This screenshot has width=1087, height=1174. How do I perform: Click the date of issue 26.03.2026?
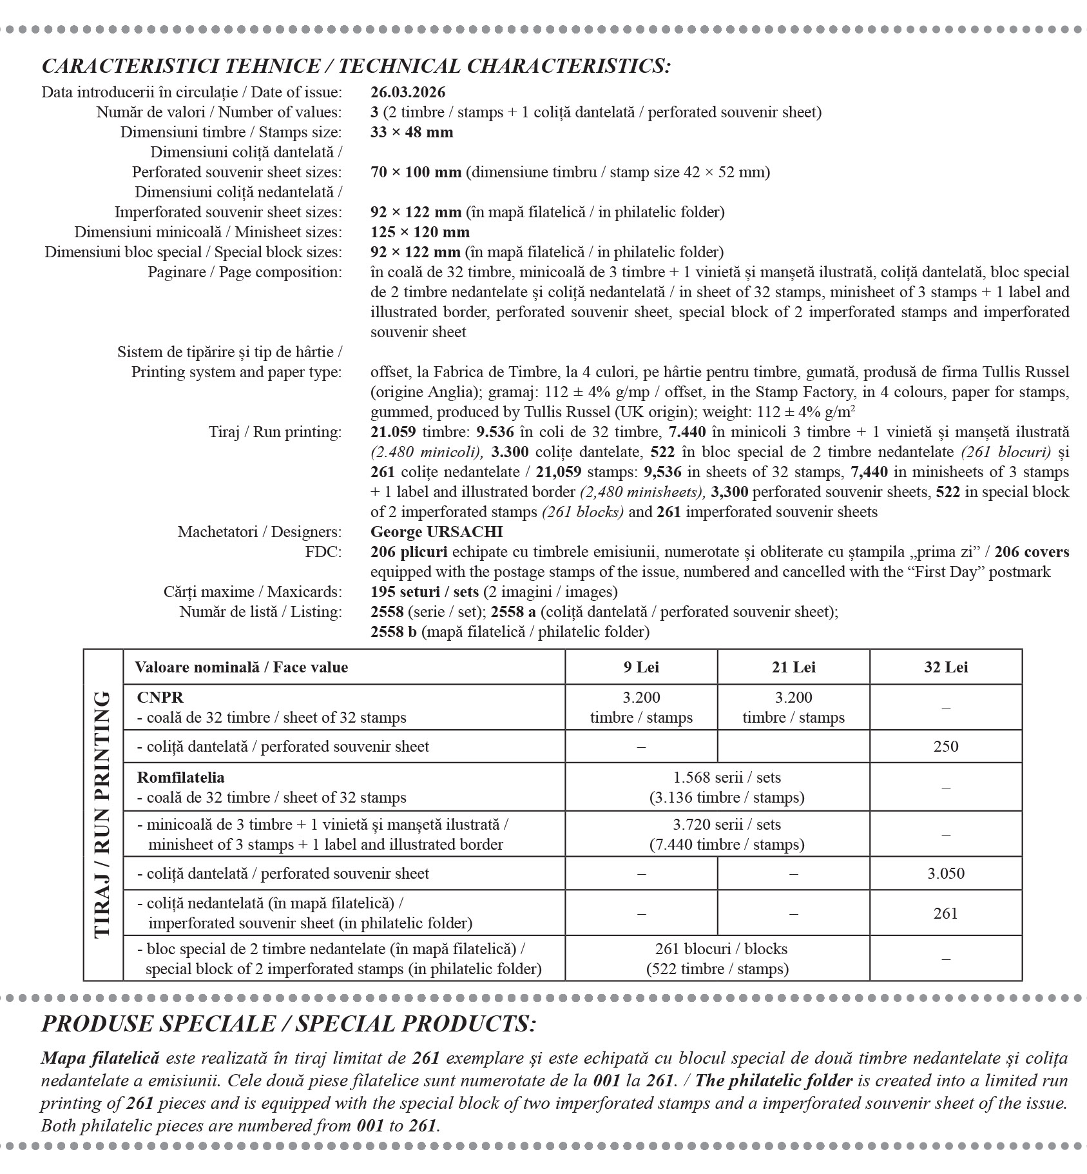pyautogui.click(x=408, y=92)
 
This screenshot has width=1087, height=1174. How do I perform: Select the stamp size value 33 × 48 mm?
pyautogui.click(x=412, y=132)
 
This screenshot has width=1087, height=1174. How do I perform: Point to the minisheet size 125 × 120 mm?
pyautogui.click(x=419, y=232)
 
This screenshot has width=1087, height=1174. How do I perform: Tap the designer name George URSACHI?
pyautogui.click(x=436, y=532)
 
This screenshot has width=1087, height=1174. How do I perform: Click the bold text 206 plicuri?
pyautogui.click(x=409, y=552)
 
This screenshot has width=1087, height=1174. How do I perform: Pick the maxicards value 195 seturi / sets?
pyautogui.click(x=425, y=592)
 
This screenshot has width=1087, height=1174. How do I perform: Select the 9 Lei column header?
pyautogui.click(x=641, y=667)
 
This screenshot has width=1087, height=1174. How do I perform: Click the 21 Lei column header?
pyautogui.click(x=793, y=667)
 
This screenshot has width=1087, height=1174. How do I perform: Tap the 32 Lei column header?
pyautogui.click(x=945, y=667)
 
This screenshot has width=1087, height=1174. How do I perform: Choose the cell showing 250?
pyautogui.click(x=945, y=747)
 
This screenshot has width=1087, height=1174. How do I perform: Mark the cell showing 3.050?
pyautogui.click(x=945, y=874)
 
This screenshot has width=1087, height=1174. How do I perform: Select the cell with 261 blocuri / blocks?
pyautogui.click(x=720, y=949)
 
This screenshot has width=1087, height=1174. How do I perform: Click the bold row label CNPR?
pyautogui.click(x=160, y=698)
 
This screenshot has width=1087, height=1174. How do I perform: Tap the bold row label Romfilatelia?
pyautogui.click(x=180, y=778)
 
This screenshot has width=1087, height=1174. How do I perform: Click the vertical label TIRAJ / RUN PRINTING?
pyautogui.click(x=103, y=815)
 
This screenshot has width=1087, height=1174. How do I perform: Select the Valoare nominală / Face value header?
pyautogui.click(x=241, y=667)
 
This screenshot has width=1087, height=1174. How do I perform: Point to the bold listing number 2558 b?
pyautogui.click(x=393, y=632)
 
